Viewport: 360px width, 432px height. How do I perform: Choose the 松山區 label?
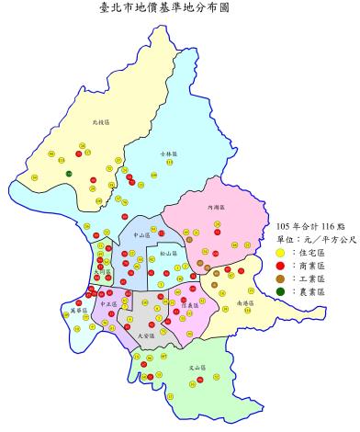click(167, 251)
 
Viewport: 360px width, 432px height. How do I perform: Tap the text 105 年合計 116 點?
click(309, 223)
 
